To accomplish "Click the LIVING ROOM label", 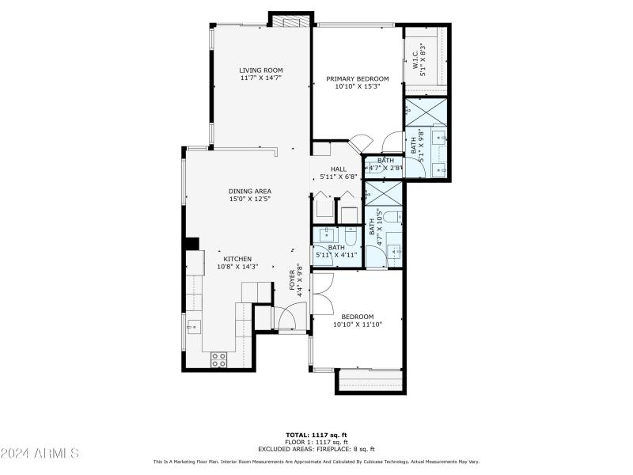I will (x=261, y=70).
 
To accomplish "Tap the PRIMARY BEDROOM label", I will (x=358, y=78).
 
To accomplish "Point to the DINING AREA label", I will (x=250, y=191).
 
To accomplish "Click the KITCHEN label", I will (x=237, y=259).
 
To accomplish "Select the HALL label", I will (x=339, y=169).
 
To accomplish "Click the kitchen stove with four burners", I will (x=219, y=359).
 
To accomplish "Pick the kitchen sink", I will (x=193, y=325).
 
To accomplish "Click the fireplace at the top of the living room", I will (x=290, y=20).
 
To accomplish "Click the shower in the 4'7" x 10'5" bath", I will (x=384, y=194).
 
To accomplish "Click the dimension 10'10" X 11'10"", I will (x=352, y=325).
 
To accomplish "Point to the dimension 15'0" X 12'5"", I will (x=250, y=199).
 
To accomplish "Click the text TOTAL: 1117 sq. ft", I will (x=316, y=435).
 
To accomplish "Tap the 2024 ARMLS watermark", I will (x=40, y=454).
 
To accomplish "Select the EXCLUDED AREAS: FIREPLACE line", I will (x=316, y=449).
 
